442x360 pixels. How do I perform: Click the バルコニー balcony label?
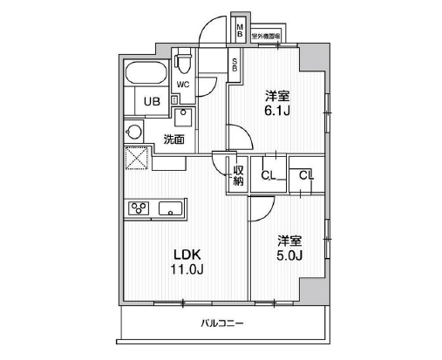223,323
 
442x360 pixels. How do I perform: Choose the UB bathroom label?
152,101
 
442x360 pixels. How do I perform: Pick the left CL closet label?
269,176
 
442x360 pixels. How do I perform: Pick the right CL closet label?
305,176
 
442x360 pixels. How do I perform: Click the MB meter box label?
241,33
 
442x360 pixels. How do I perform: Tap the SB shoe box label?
235,64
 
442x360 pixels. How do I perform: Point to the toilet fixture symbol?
183,63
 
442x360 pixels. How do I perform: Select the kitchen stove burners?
139,207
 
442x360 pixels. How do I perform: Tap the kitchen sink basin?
169,207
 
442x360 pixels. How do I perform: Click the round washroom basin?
134,133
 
